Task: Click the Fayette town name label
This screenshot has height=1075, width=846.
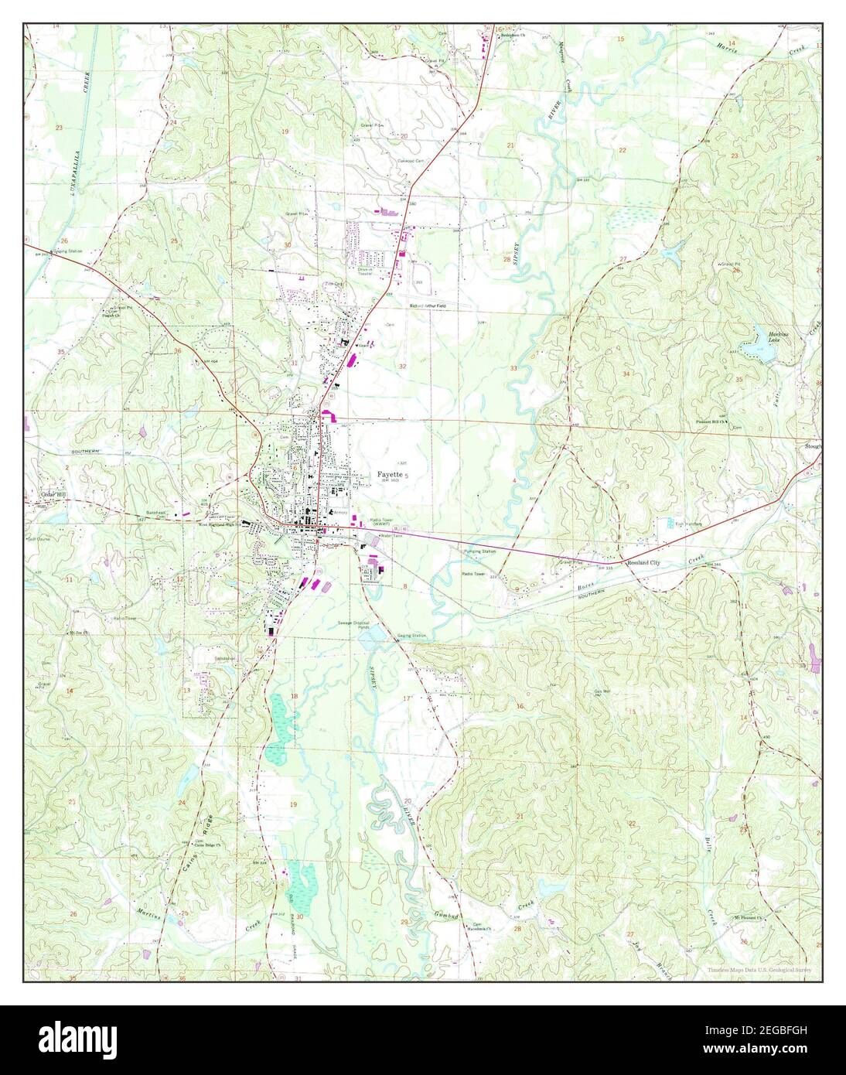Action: [x=390, y=474]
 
